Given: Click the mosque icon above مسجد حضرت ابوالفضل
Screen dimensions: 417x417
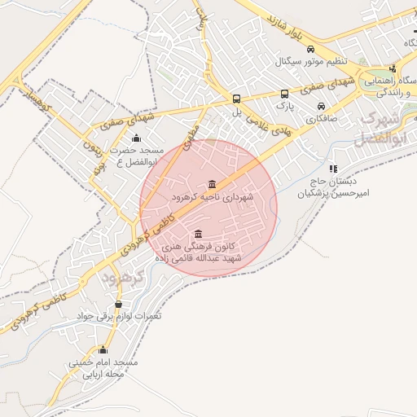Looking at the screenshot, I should (x=135, y=137).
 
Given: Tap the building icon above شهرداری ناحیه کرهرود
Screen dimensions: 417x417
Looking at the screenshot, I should (x=213, y=182).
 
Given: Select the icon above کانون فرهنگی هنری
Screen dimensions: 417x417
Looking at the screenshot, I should (x=198, y=234).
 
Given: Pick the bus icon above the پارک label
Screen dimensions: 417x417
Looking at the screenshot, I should (x=284, y=94).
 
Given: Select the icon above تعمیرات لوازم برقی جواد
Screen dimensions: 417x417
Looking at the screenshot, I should (x=119, y=304).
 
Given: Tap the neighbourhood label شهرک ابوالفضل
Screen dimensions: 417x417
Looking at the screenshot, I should (x=377, y=129).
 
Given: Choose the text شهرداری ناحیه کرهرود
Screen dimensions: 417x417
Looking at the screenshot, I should (x=213, y=197).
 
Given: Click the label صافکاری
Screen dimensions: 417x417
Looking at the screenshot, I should (x=322, y=119).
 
